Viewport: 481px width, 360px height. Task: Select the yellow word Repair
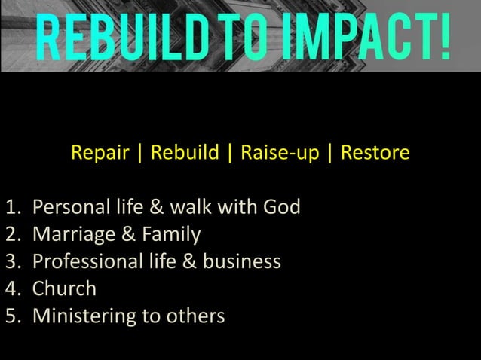tap(100, 154)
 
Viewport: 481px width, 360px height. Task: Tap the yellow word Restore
tap(375, 153)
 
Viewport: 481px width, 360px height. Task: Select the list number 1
tap(11, 206)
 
